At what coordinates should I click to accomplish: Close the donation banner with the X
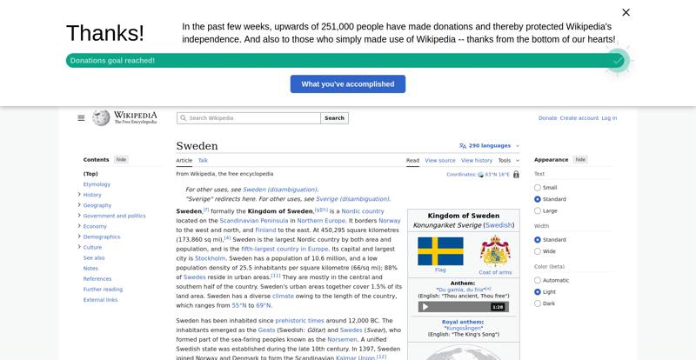tap(626, 12)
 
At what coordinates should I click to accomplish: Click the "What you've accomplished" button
tap(348, 84)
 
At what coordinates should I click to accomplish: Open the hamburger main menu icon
tap(81, 118)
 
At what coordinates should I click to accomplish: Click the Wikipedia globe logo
tap(101, 117)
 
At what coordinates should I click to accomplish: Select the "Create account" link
tap(579, 118)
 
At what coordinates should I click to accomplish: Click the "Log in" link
tap(609, 118)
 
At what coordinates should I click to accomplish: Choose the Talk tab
tap(203, 160)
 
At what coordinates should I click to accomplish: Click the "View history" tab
tap(477, 161)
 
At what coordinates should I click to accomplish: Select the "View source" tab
tap(440, 161)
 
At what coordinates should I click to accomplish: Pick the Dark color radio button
tap(538, 303)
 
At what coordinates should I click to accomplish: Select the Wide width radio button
tap(538, 251)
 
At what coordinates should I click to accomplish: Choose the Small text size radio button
tap(538, 188)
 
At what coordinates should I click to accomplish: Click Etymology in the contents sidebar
tap(97, 184)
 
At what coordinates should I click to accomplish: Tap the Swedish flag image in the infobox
tap(440, 251)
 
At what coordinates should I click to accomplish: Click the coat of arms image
tap(495, 250)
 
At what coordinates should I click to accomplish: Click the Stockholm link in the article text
tap(211, 258)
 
